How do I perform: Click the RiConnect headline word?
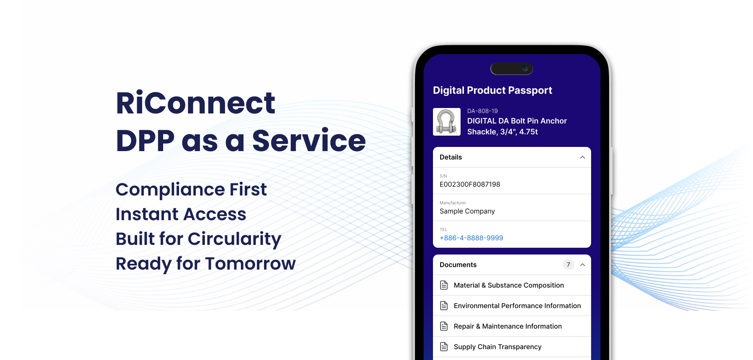(x=195, y=103)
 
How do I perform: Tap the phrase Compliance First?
(x=191, y=190)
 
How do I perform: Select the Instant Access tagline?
(x=181, y=214)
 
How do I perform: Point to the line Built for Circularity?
(x=198, y=239)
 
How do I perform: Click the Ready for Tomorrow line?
(x=206, y=264)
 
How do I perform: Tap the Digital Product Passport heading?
(x=492, y=90)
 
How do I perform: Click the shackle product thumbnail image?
(x=447, y=122)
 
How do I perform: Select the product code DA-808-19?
(x=482, y=111)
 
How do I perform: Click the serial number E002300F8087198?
(x=470, y=185)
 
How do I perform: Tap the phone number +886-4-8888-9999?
(x=471, y=238)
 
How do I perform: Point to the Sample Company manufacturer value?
(x=467, y=211)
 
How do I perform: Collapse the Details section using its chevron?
(x=582, y=157)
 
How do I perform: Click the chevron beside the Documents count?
(x=582, y=265)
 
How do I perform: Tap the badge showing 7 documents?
(x=568, y=265)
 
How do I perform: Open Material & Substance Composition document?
(x=509, y=285)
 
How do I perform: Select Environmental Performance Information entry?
(x=517, y=306)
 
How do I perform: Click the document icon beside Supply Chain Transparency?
(x=444, y=347)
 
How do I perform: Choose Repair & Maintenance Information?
(x=508, y=327)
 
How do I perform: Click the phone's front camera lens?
(x=525, y=69)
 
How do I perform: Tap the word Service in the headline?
(x=309, y=141)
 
